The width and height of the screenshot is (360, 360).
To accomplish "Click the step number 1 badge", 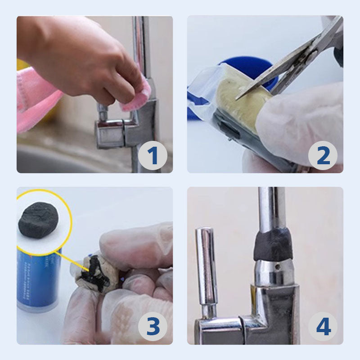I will click(153, 156).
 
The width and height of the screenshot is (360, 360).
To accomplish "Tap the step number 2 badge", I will click(323, 156).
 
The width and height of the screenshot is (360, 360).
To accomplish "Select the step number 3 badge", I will click(153, 327).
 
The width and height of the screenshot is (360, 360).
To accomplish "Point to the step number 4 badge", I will click(323, 327).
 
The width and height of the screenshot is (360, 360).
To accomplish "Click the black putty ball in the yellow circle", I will click(39, 220).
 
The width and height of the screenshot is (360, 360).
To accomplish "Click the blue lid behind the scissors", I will click(252, 67).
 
